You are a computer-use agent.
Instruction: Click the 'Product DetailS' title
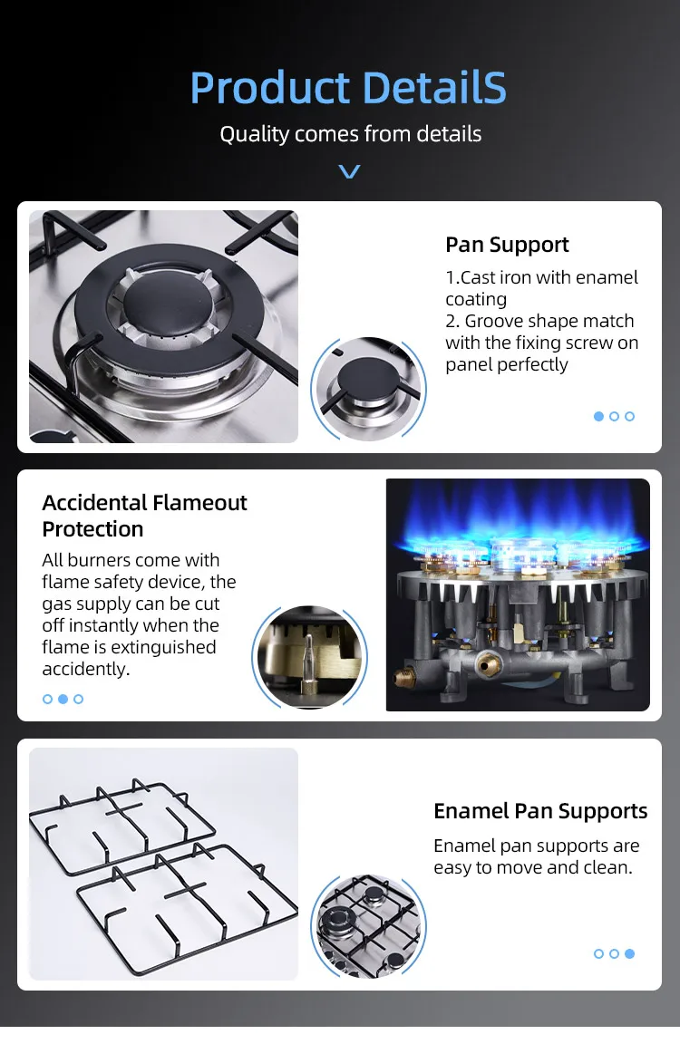[348, 88]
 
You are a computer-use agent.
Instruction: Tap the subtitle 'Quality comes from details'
[350, 134]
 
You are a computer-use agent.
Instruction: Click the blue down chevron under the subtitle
[349, 171]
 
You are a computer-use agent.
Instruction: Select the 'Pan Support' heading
[507, 245]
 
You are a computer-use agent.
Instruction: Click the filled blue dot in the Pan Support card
[598, 416]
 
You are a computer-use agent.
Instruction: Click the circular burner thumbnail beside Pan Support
[367, 388]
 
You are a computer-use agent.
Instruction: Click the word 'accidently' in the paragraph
[84, 669]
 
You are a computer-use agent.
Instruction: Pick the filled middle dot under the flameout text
[63, 699]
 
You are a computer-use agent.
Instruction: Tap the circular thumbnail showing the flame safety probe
[309, 657]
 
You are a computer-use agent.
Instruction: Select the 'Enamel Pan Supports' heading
[540, 811]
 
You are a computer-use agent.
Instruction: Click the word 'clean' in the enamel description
[607, 867]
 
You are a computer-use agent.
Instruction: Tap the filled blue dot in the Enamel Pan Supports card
[629, 953]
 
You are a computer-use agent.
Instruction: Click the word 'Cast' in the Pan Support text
[479, 277]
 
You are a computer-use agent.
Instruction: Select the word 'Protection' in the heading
[92, 529]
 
